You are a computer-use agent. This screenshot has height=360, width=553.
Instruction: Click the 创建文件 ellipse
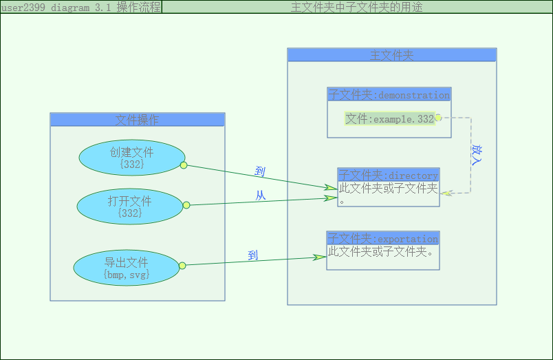click(132, 158)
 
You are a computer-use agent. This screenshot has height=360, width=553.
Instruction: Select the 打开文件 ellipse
click(130, 207)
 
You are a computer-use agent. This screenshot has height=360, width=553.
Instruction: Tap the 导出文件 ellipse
click(127, 268)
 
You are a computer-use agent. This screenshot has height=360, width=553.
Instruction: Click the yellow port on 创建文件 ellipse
click(184, 165)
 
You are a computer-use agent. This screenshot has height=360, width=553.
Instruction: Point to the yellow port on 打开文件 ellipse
click(186, 205)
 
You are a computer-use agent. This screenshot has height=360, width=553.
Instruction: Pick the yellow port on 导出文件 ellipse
click(182, 266)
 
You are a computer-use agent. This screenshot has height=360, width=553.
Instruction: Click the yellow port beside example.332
click(438, 118)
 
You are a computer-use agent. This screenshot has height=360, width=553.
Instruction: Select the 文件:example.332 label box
click(389, 119)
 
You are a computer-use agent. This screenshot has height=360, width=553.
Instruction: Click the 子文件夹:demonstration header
click(389, 94)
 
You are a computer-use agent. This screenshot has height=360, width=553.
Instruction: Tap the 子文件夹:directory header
click(389, 175)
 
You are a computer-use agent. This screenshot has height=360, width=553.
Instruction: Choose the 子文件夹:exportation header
click(382, 238)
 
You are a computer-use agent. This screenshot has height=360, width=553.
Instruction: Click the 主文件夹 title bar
click(392, 55)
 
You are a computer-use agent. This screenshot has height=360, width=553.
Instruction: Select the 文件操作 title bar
click(137, 120)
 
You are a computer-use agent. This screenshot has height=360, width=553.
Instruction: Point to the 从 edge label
click(261, 195)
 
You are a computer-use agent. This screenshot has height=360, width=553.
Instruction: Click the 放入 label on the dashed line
click(477, 154)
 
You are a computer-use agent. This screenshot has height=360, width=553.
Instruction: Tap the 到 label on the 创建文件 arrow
click(259, 171)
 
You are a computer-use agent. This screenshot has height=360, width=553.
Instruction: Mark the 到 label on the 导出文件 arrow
click(253, 255)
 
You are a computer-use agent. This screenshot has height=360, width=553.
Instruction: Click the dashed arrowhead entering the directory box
click(446, 193)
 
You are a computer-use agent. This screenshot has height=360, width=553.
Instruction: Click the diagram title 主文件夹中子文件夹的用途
click(356, 7)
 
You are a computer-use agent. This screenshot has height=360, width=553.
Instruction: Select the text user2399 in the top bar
click(23, 8)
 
